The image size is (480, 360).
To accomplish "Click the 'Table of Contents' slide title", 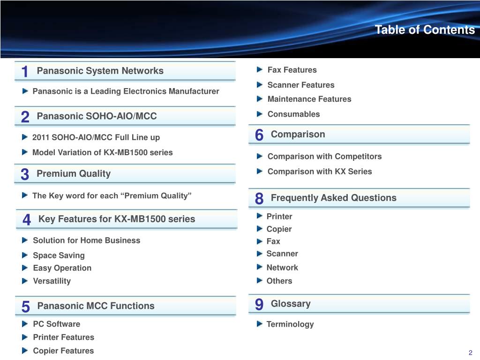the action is (425, 30).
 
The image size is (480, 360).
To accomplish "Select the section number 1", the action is (25, 72).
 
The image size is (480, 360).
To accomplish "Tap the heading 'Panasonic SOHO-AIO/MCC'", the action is (97, 116).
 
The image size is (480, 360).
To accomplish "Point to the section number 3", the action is (25, 175).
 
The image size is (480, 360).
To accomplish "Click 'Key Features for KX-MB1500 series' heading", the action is (117, 219).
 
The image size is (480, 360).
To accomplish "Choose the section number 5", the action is (25, 307).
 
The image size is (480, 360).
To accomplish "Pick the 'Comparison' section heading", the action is (298, 135).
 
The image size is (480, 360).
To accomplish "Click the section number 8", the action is (259, 199).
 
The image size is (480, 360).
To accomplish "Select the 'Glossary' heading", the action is (291, 304).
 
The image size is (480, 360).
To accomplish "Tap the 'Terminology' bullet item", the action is (290, 324).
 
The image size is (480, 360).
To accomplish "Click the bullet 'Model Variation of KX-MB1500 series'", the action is (102, 152).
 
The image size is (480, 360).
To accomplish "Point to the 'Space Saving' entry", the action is (59, 255).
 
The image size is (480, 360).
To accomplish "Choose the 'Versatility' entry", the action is (52, 281).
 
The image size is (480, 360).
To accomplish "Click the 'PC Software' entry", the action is (56, 324).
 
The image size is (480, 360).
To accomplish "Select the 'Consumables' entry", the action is (293, 114).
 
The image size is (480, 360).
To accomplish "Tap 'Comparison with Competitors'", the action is (324, 157).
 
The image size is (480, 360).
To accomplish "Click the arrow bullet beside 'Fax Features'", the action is (260, 70).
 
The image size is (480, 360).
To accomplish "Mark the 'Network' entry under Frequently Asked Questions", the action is (282, 268).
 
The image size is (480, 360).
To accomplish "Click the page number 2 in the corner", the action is (470, 353).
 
